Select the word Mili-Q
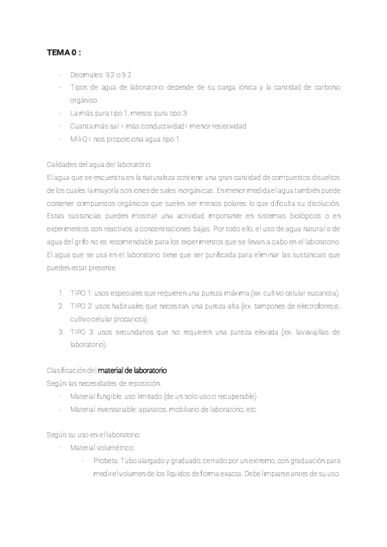80,139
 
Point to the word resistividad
225,126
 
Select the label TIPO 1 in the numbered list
81,293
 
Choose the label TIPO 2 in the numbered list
81,306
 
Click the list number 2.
61,306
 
